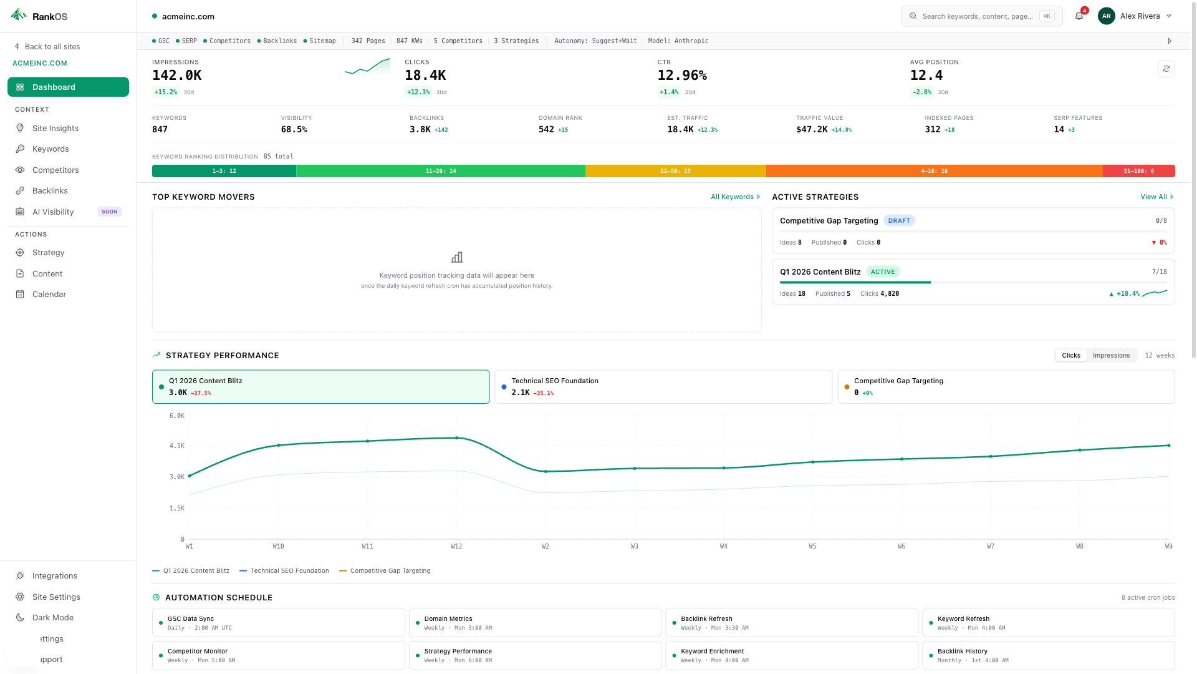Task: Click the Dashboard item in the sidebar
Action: coord(68,87)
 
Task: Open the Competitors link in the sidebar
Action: coord(55,170)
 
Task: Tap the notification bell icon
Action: coord(1079,16)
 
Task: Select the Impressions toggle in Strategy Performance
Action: coord(1111,356)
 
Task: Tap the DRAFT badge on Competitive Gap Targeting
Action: coord(899,221)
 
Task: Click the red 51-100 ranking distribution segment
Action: coord(1138,171)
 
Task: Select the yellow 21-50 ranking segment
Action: coord(675,171)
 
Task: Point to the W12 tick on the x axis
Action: coord(456,547)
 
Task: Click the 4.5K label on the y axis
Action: coord(177,446)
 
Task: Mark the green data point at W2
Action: coord(546,472)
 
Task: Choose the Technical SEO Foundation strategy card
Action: coord(663,387)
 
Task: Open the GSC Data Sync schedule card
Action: coord(278,623)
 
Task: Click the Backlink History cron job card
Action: coord(1048,655)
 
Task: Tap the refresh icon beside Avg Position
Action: coord(1166,69)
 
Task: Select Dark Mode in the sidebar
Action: coord(53,618)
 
